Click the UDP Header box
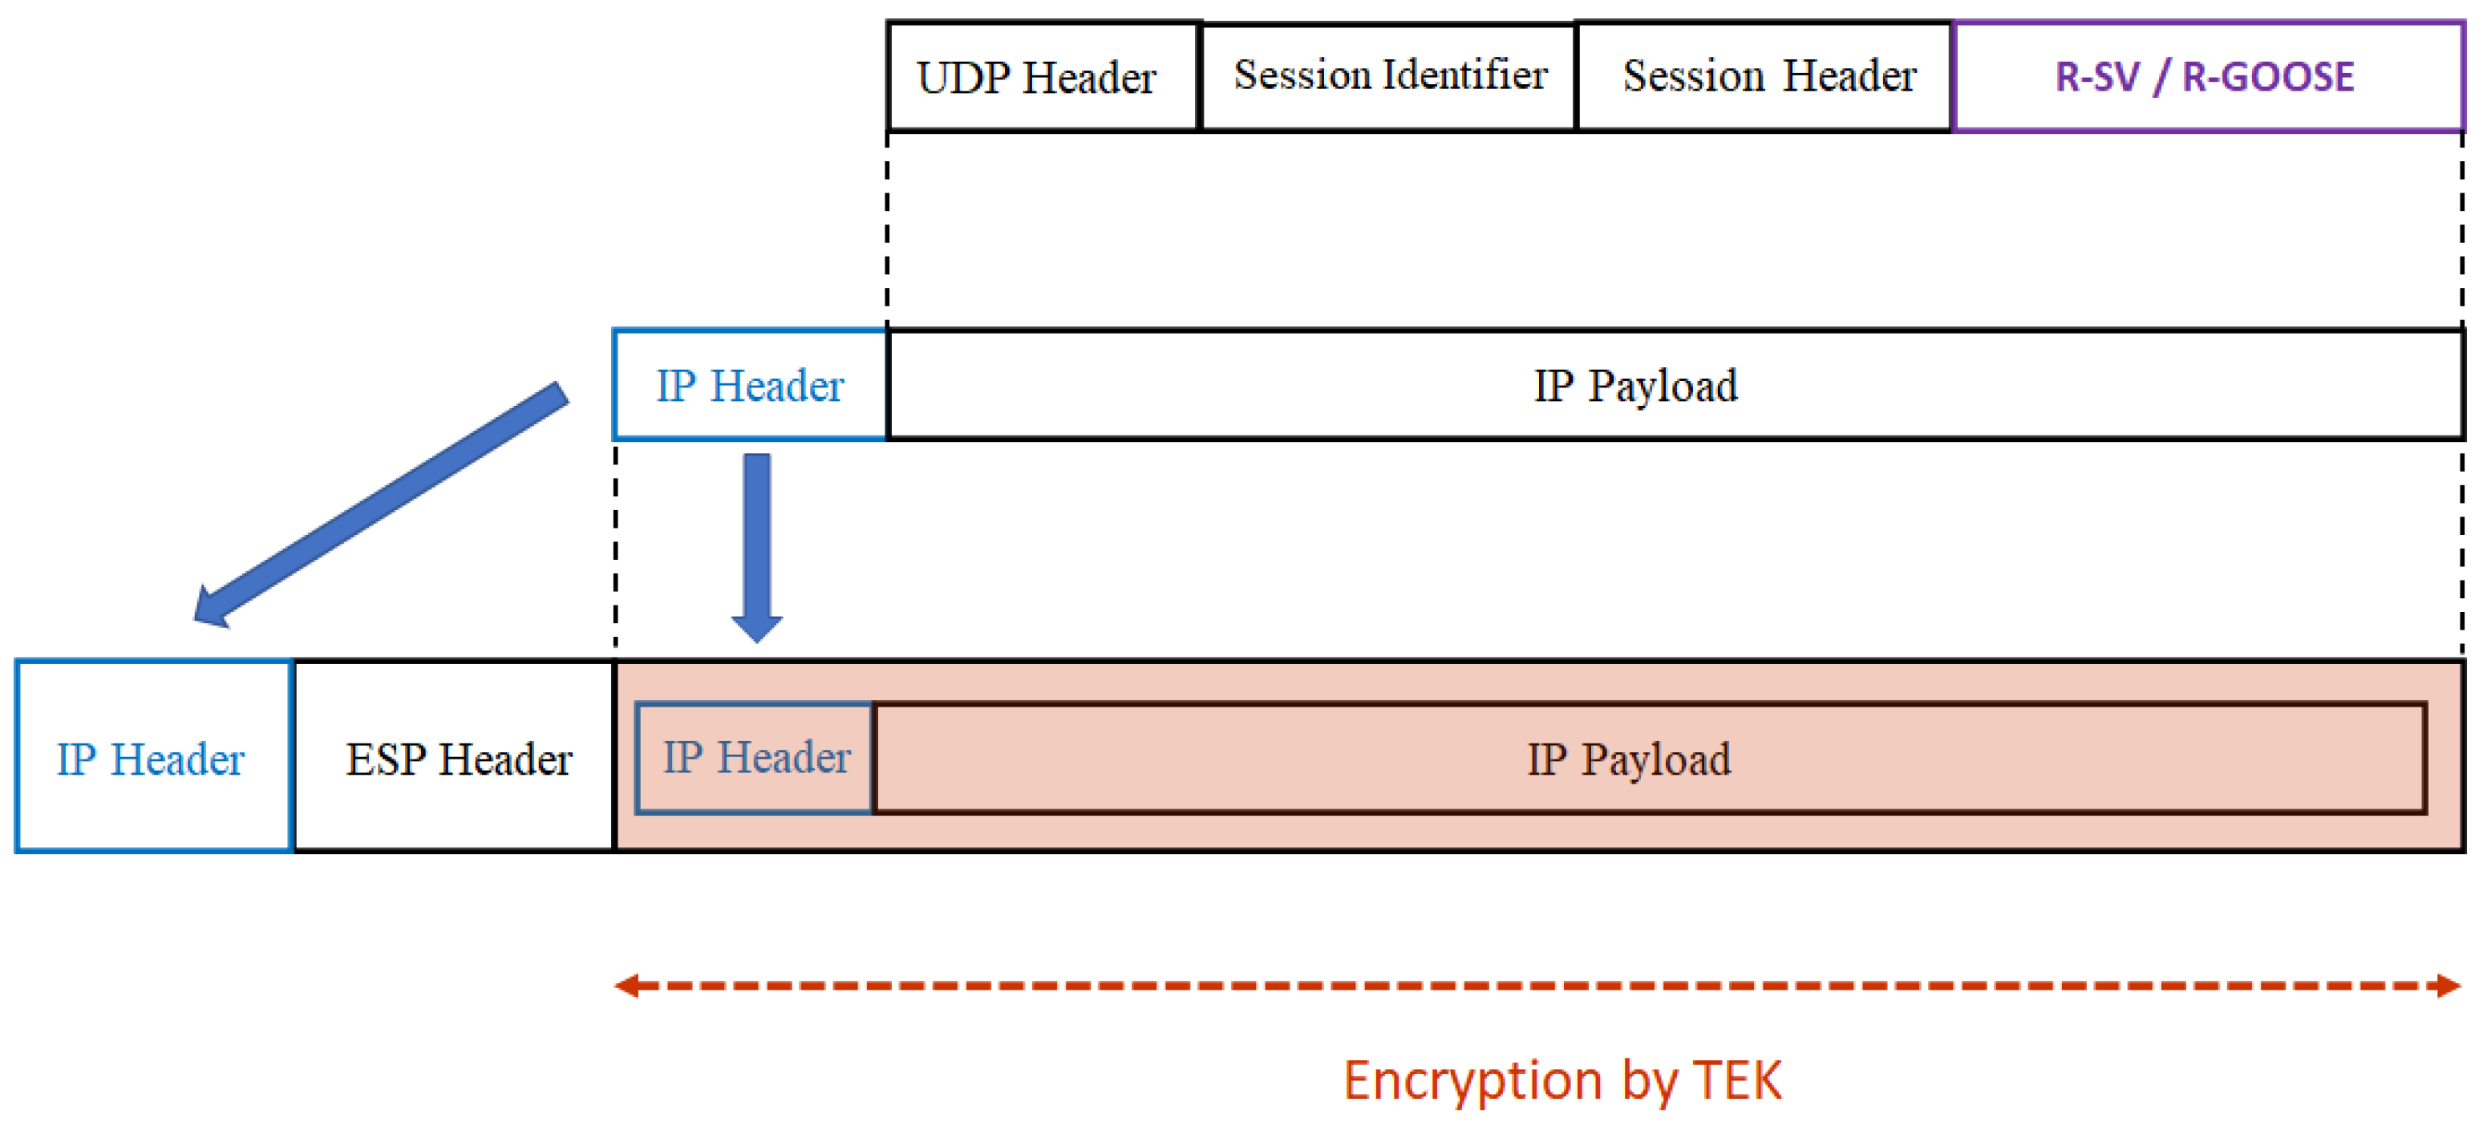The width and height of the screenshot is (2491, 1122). pyautogui.click(x=1043, y=76)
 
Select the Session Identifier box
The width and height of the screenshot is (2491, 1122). pyautogui.click(x=1388, y=76)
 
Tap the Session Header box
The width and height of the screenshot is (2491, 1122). pyautogui.click(x=1766, y=76)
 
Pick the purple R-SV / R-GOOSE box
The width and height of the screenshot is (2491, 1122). pyautogui.click(x=2209, y=76)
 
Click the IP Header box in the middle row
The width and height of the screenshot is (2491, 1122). pyautogui.click(x=751, y=385)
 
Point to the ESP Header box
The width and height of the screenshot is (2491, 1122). pyautogui.click(x=455, y=756)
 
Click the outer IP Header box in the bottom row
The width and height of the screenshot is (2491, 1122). pyautogui.click(x=154, y=756)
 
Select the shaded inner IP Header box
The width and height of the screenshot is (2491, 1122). pyautogui.click(x=754, y=757)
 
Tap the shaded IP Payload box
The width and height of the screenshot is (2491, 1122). pyautogui.click(x=1650, y=757)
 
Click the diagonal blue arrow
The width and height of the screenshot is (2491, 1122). pyautogui.click(x=380, y=505)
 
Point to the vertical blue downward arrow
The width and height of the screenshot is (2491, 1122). pyautogui.click(x=756, y=548)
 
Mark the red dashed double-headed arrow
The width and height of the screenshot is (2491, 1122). pyautogui.click(x=1537, y=986)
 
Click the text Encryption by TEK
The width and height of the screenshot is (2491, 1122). pyautogui.click(x=1562, y=1080)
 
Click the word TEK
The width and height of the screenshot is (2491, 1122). pyautogui.click(x=1738, y=1079)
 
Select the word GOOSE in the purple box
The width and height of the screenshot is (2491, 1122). pyautogui.click(x=2269, y=76)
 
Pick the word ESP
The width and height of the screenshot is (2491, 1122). pyautogui.click(x=386, y=759)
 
